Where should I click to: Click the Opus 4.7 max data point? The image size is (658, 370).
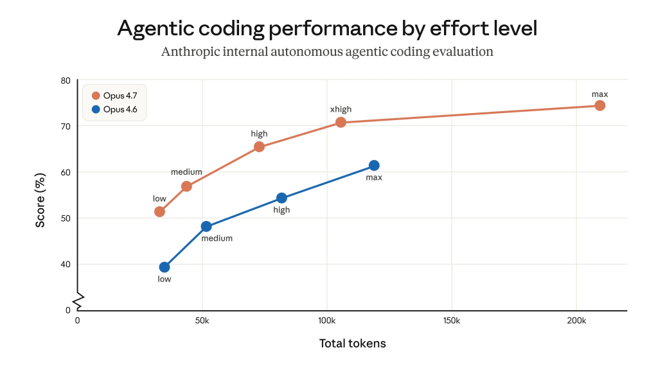click(600, 105)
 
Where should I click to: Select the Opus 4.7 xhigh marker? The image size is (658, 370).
click(341, 122)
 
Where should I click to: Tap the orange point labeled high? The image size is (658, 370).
click(259, 146)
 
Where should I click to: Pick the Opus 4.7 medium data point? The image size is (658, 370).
click(186, 186)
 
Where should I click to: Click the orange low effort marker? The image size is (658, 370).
click(159, 211)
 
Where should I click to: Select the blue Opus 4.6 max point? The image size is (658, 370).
click(374, 166)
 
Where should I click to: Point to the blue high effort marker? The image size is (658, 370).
click(281, 198)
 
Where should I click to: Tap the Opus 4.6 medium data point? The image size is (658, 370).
click(206, 226)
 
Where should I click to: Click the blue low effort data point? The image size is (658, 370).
click(164, 267)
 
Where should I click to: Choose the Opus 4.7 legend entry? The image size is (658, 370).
click(114, 95)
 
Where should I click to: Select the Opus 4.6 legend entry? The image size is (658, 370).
click(114, 110)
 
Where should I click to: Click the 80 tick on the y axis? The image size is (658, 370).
click(65, 80)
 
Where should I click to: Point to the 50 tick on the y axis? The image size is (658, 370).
click(65, 218)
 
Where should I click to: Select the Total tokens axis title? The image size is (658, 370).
click(352, 344)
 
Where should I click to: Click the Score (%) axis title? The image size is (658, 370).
click(40, 200)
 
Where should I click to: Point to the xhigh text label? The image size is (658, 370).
click(341, 109)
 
